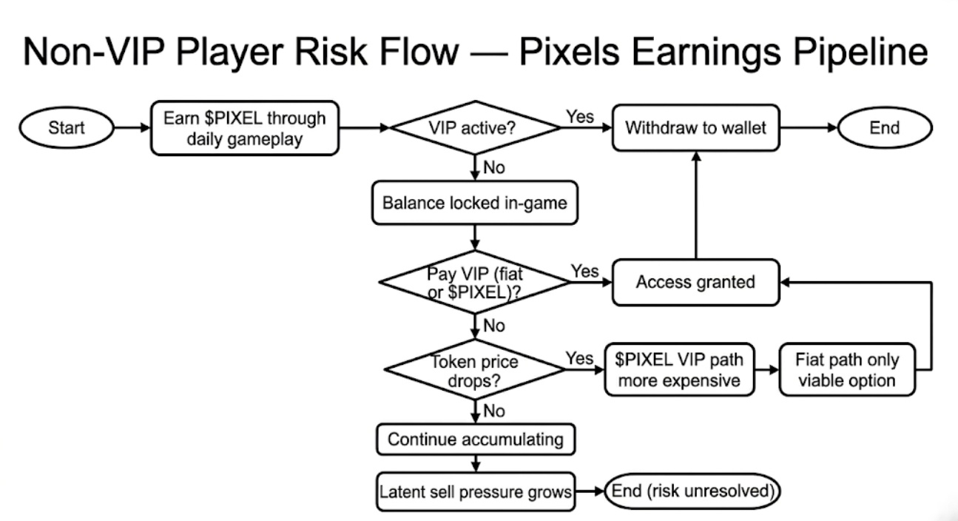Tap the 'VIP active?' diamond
tap(476, 128)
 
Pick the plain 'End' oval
tap(884, 128)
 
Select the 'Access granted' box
tap(695, 282)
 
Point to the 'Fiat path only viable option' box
tap(848, 369)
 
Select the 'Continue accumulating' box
tap(475, 440)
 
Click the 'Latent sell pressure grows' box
tap(475, 491)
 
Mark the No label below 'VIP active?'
tap(493, 168)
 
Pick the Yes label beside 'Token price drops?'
tap(579, 358)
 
